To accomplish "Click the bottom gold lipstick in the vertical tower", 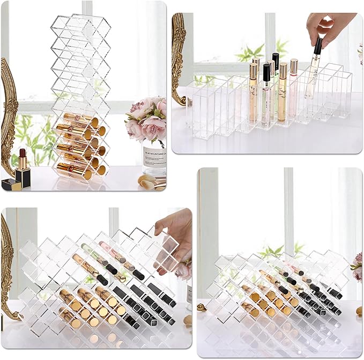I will pyautogui.click(x=75, y=171).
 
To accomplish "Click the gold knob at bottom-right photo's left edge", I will pyautogui.click(x=202, y=307).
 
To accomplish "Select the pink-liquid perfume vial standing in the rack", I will pyautogui.click(x=293, y=91).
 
